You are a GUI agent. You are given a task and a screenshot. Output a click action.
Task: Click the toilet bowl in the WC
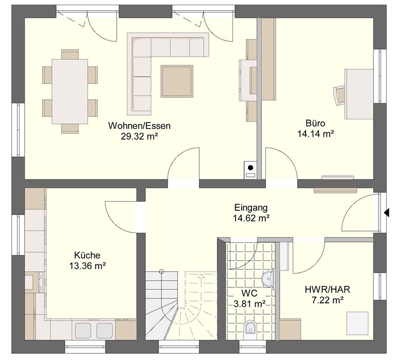(x=250, y=328)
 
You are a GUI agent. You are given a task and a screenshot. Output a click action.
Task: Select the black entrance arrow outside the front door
(x=386, y=213)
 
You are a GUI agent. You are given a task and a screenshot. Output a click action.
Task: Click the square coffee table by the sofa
(x=177, y=81)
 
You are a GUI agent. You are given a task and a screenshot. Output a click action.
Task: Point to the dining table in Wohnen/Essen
(x=70, y=92)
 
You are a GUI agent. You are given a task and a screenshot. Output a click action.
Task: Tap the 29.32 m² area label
(x=139, y=136)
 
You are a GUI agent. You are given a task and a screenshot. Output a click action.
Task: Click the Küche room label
(x=87, y=255)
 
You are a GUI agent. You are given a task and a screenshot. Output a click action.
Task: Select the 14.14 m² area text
(x=316, y=134)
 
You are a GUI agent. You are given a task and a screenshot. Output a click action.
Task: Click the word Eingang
(x=251, y=208)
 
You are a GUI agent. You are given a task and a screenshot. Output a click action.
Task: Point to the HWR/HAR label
(x=328, y=290)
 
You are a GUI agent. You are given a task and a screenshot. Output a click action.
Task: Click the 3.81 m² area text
(x=249, y=304)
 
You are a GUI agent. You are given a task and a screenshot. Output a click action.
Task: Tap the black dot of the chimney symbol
(x=250, y=168)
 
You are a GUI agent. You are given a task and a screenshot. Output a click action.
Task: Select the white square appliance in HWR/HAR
(x=357, y=322)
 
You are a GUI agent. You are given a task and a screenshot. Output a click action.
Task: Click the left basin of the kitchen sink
(x=83, y=331)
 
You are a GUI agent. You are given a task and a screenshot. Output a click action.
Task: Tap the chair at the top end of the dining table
(x=70, y=54)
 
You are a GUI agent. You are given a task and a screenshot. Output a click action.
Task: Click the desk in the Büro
(x=359, y=94)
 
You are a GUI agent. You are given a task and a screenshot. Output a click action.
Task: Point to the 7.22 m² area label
(x=328, y=300)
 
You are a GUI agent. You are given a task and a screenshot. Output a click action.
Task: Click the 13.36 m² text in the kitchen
(x=87, y=266)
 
